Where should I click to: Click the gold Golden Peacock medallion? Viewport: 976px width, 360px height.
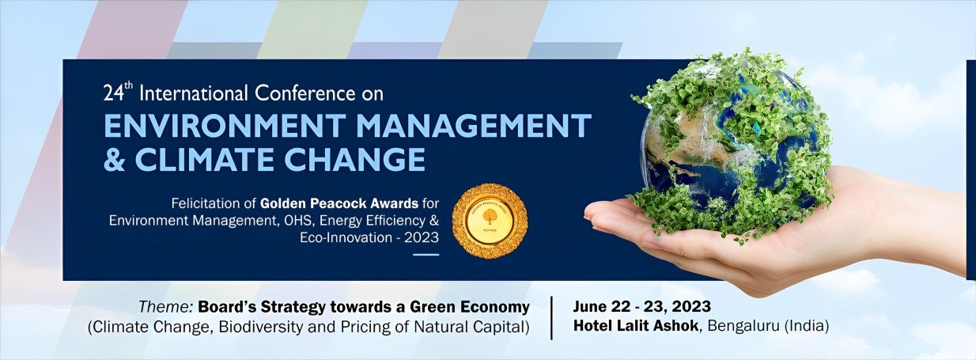tap(490, 221)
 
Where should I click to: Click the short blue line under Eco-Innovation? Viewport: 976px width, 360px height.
tap(426, 254)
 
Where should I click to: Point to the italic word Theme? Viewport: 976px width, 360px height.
tap(166, 307)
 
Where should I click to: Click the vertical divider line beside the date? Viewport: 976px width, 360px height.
tap(551, 317)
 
